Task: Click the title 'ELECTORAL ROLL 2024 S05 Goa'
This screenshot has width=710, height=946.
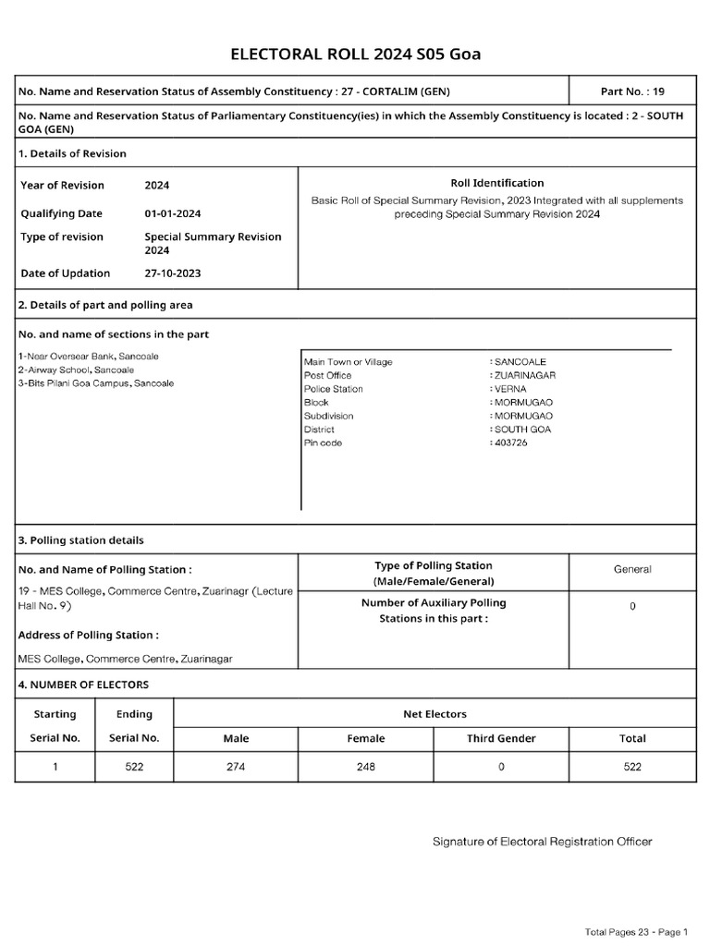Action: click(355, 55)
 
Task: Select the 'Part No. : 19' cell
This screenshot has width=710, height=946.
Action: click(632, 91)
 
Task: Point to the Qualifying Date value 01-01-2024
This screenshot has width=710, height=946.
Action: click(173, 213)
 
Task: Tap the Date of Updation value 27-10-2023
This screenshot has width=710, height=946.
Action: click(173, 273)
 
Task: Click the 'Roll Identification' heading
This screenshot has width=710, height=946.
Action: click(496, 183)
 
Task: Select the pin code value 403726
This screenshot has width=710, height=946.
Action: click(511, 443)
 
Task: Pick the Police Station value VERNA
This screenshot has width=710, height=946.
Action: click(508, 389)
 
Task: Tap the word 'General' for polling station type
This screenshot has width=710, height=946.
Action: click(632, 570)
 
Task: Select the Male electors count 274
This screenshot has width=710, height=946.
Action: click(236, 768)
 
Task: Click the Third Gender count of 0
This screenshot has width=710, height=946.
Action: click(501, 768)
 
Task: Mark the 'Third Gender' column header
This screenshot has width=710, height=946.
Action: click(501, 738)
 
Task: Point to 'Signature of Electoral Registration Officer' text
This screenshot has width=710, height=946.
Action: click(543, 842)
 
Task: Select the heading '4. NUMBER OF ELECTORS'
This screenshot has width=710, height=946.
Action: click(83, 685)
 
